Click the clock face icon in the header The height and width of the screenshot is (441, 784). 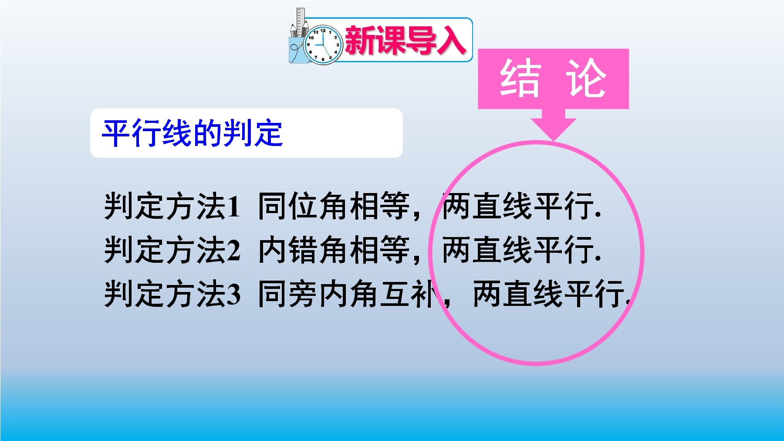point(323,45)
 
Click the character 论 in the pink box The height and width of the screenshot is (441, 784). point(586,78)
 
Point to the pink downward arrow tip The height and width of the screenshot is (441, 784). point(553,140)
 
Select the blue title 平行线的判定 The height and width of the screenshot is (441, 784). point(192,133)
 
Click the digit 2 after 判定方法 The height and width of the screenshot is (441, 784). point(233,250)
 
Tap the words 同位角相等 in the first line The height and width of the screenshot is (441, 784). point(334,206)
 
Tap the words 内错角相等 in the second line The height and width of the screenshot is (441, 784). point(334,250)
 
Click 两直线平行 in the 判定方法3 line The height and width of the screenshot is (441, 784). point(549,294)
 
